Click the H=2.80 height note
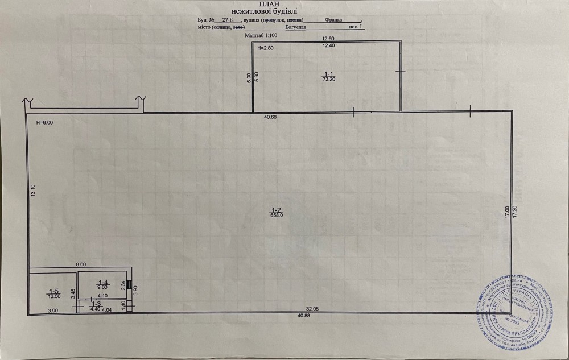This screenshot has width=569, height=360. coord(266,48)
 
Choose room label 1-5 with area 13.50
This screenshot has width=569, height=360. coord(54,293)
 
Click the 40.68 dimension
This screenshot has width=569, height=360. coord(270,118)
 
